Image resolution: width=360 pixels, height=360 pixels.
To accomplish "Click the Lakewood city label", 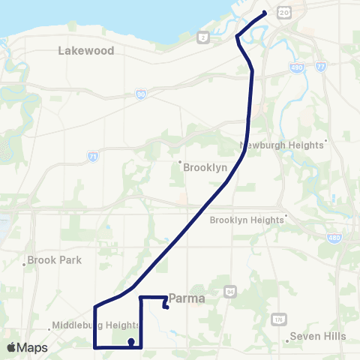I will (86, 51).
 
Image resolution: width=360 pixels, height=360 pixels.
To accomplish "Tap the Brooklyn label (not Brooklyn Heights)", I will (205, 168).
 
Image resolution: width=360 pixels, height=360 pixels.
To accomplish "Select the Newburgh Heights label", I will (283, 144).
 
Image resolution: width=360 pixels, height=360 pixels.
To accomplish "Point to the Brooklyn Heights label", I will (247, 220).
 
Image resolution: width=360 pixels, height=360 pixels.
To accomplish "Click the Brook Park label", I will (54, 262).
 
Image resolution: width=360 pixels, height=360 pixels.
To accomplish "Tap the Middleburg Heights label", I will (96, 325).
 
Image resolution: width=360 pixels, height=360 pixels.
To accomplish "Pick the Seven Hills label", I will (318, 336).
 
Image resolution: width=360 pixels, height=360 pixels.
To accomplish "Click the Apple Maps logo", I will (27, 348).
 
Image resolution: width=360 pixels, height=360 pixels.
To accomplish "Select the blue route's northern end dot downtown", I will (265, 13).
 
